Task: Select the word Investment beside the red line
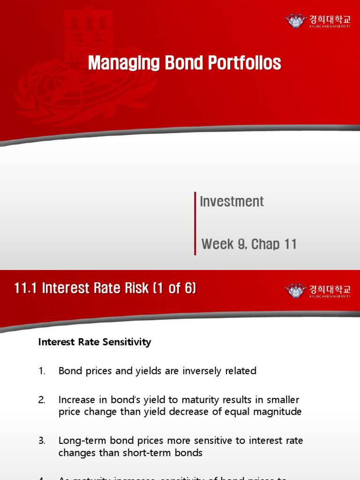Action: [x=232, y=202]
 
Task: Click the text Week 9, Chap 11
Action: [x=249, y=244]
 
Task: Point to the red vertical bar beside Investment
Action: [x=195, y=223]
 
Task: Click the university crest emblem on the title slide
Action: [x=295, y=21]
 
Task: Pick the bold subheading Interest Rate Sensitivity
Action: [x=94, y=342]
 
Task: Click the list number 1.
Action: [x=42, y=371]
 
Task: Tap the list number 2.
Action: [x=42, y=400]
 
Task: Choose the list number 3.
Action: [x=42, y=441]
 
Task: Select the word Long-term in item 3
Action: [x=79, y=441]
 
